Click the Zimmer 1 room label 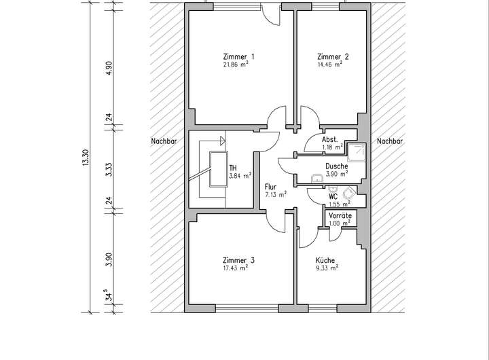[238, 57]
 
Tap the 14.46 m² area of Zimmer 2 [330, 65]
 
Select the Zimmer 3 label [238, 260]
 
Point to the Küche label [325, 260]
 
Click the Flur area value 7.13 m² [276, 195]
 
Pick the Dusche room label [336, 166]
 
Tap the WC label [333, 197]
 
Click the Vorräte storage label [340, 215]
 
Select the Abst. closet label [330, 139]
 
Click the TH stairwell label [233, 168]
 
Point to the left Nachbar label [164, 141]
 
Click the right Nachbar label [390, 141]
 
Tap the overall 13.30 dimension [86, 158]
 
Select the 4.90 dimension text [109, 68]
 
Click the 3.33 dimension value [109, 169]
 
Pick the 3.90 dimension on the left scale [109, 259]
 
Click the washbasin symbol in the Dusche [318, 178]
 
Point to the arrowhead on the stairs [223, 141]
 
